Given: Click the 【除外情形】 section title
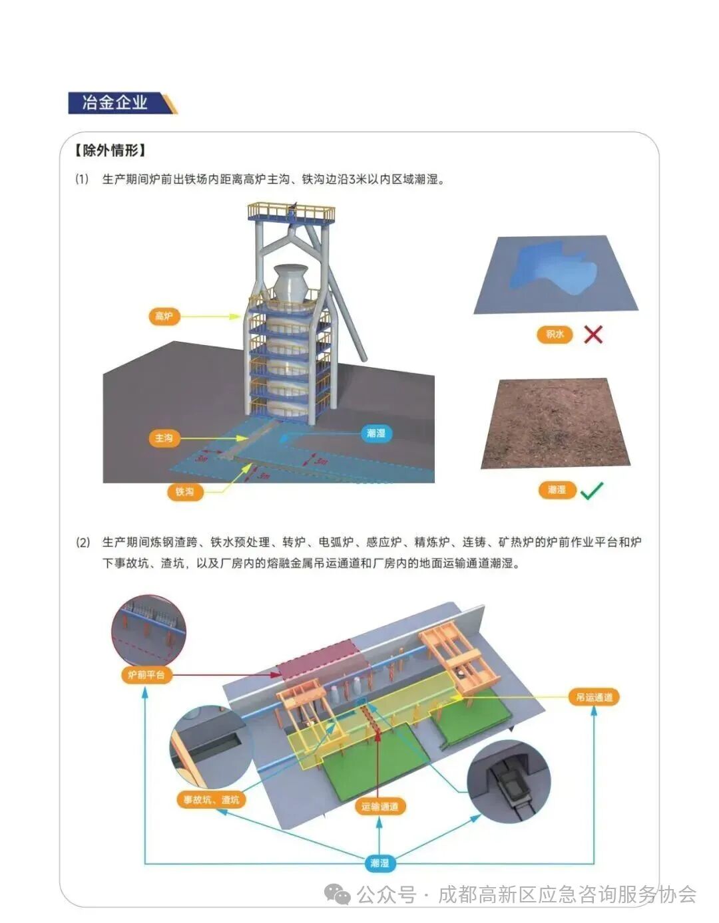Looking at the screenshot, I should coord(111,150).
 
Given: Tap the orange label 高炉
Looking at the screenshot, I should coord(164,316).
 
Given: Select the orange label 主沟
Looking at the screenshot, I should coord(164,438).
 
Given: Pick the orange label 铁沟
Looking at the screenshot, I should coord(184,491).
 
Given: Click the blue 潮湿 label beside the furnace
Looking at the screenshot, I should coord(375,434).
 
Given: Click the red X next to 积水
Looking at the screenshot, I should coord(593,334).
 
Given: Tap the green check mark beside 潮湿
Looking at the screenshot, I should coord(591,491).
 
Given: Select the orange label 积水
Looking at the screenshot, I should coord(555,334).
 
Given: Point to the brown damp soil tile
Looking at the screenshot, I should coord(555,424).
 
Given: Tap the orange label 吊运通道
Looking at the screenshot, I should coord(594,697).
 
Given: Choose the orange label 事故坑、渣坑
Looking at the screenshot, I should coord(211,799).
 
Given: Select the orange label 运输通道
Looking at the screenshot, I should coord(379,807).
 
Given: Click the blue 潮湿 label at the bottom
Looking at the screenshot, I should coord(379,863).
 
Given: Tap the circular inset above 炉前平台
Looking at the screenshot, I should coord(148,629).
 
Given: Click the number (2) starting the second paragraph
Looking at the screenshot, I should coord(83,543).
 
